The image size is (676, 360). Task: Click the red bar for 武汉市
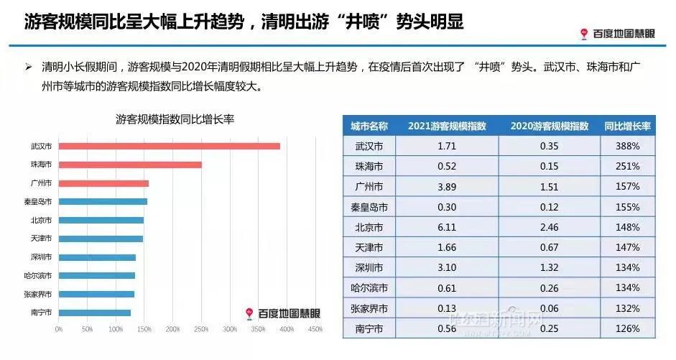[x=169, y=146]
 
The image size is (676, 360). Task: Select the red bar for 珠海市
[x=130, y=165]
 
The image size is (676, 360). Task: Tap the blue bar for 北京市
[x=101, y=220]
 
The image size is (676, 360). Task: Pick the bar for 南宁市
[x=95, y=313]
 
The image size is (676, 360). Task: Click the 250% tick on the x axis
[x=201, y=330]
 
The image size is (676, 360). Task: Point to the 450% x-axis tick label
[x=315, y=330]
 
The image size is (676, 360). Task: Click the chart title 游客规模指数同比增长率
[x=175, y=120]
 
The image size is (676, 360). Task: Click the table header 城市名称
[x=369, y=126]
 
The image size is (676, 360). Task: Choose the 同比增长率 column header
[x=627, y=126]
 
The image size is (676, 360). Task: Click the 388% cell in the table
[x=627, y=146]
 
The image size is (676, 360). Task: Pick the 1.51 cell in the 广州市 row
[x=550, y=186]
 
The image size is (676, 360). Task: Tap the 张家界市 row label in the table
[x=369, y=308]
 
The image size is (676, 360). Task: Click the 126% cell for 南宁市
[x=627, y=328]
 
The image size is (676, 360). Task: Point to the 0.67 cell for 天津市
[x=550, y=247]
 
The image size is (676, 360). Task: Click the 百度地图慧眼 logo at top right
[x=617, y=33]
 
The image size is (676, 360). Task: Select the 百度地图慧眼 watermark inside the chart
[x=282, y=313]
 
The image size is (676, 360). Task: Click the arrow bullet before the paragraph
[x=29, y=68]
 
